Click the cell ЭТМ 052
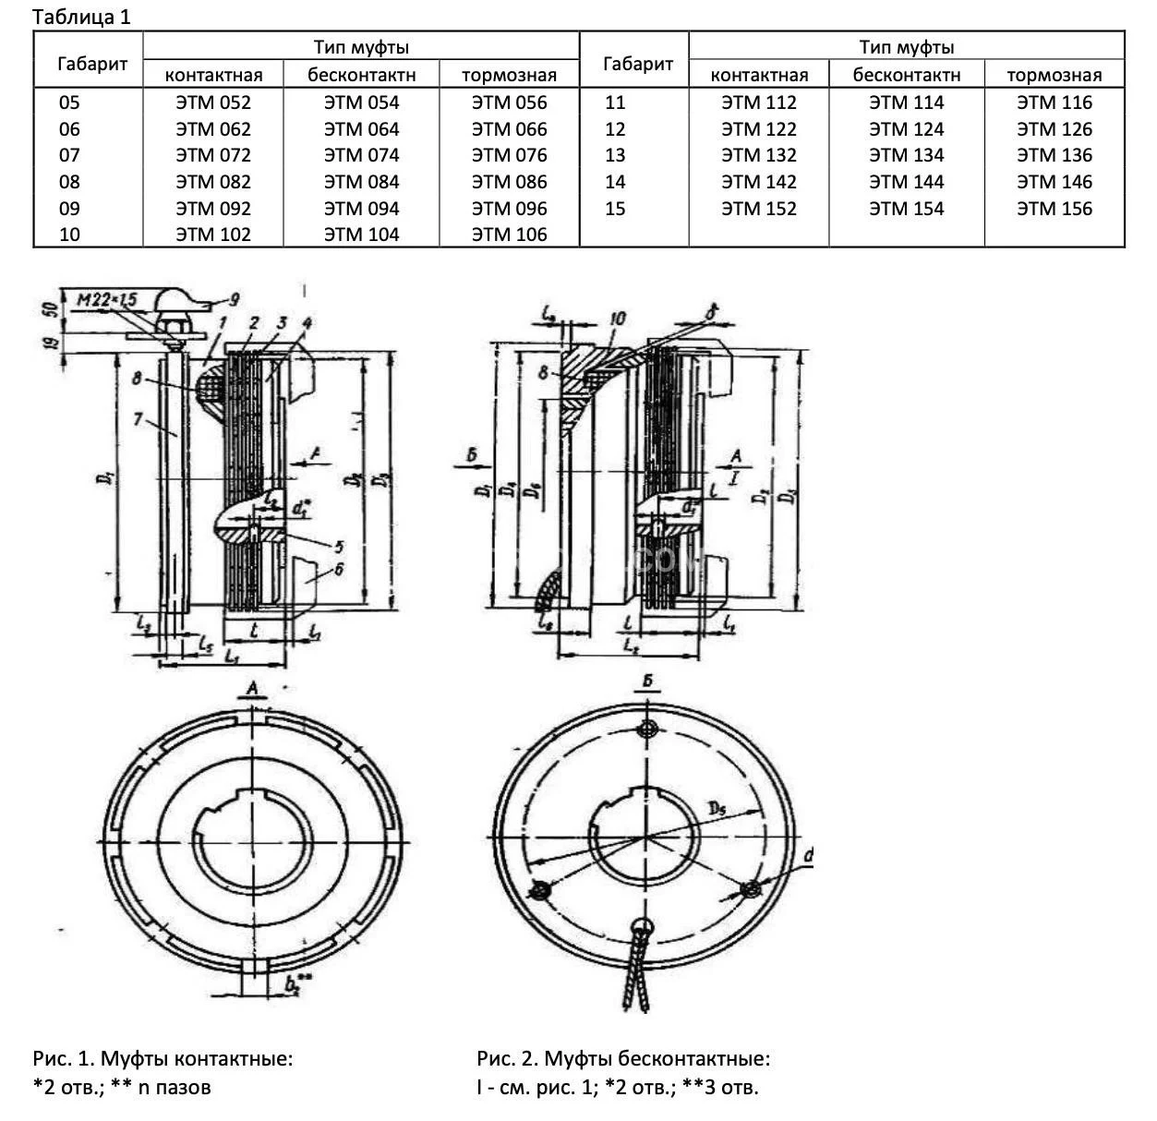[x=213, y=102]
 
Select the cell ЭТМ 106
[x=509, y=235]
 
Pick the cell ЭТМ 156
[x=1054, y=209]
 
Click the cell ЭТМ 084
[x=361, y=182]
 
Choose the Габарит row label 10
[x=69, y=235]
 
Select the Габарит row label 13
[x=615, y=155]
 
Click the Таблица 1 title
[x=81, y=18]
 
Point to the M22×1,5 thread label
[x=107, y=300]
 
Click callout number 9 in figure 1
[x=234, y=299]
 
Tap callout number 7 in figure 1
[x=137, y=420]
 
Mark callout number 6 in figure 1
[x=339, y=570]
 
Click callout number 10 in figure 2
[x=618, y=319]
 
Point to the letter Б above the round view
[x=649, y=681]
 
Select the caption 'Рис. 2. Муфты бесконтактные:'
[x=623, y=1058]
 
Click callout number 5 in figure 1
[x=339, y=547]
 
